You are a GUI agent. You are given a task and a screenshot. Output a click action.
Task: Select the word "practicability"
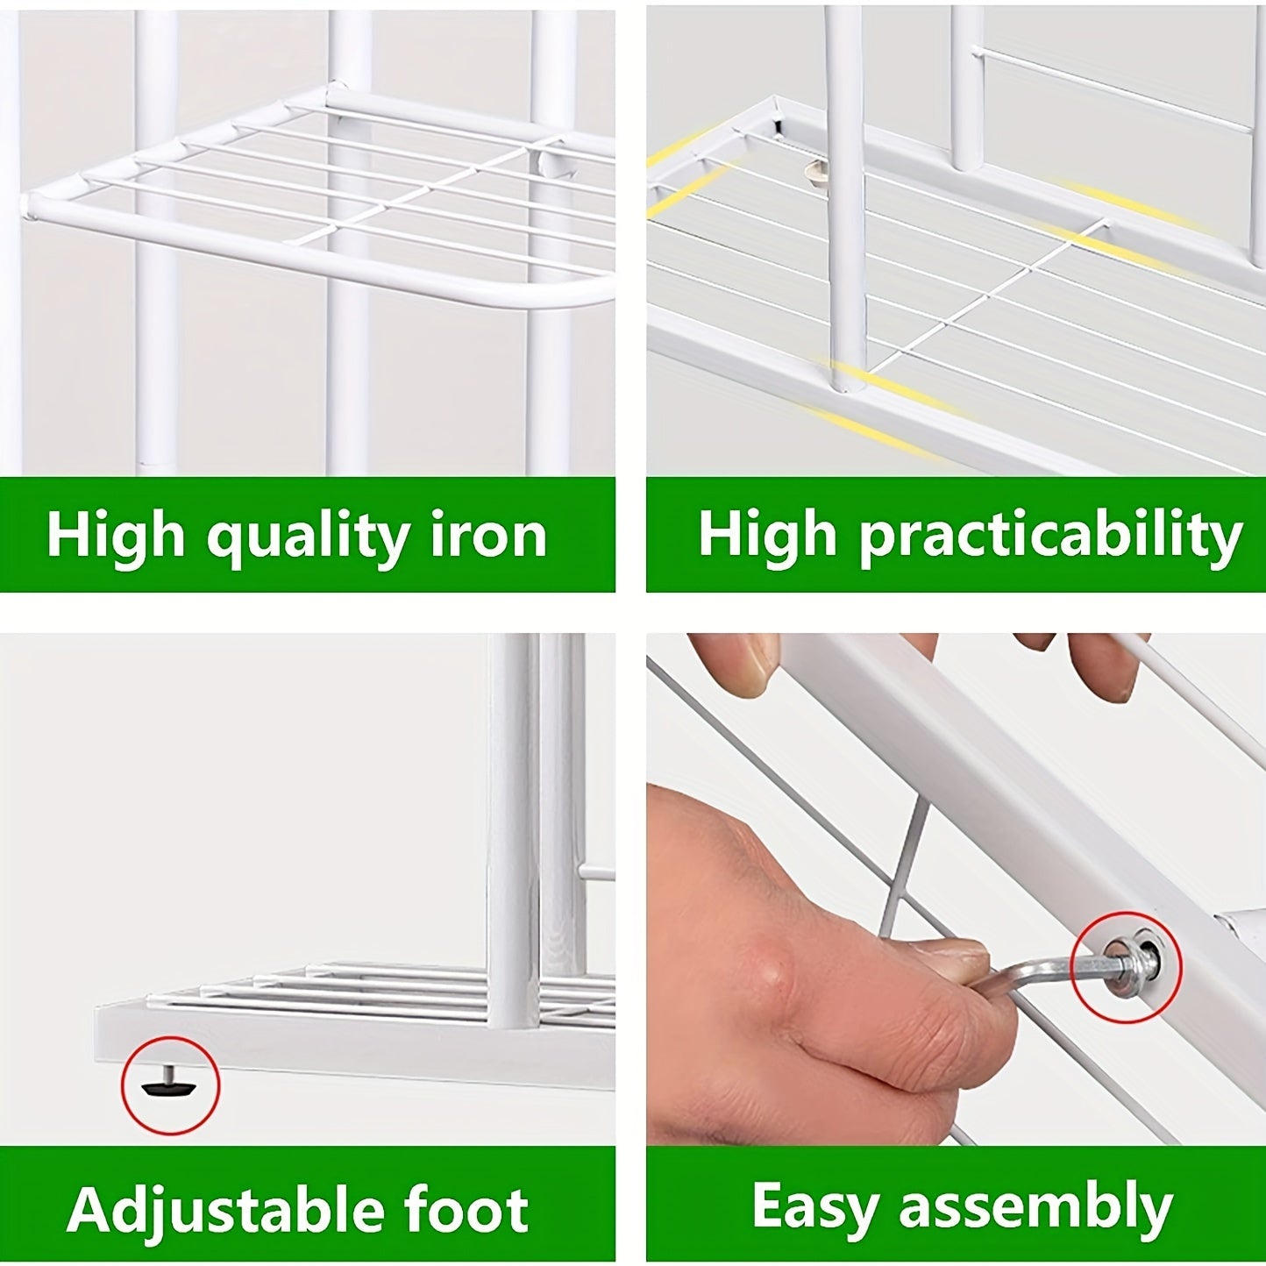(1051, 537)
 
